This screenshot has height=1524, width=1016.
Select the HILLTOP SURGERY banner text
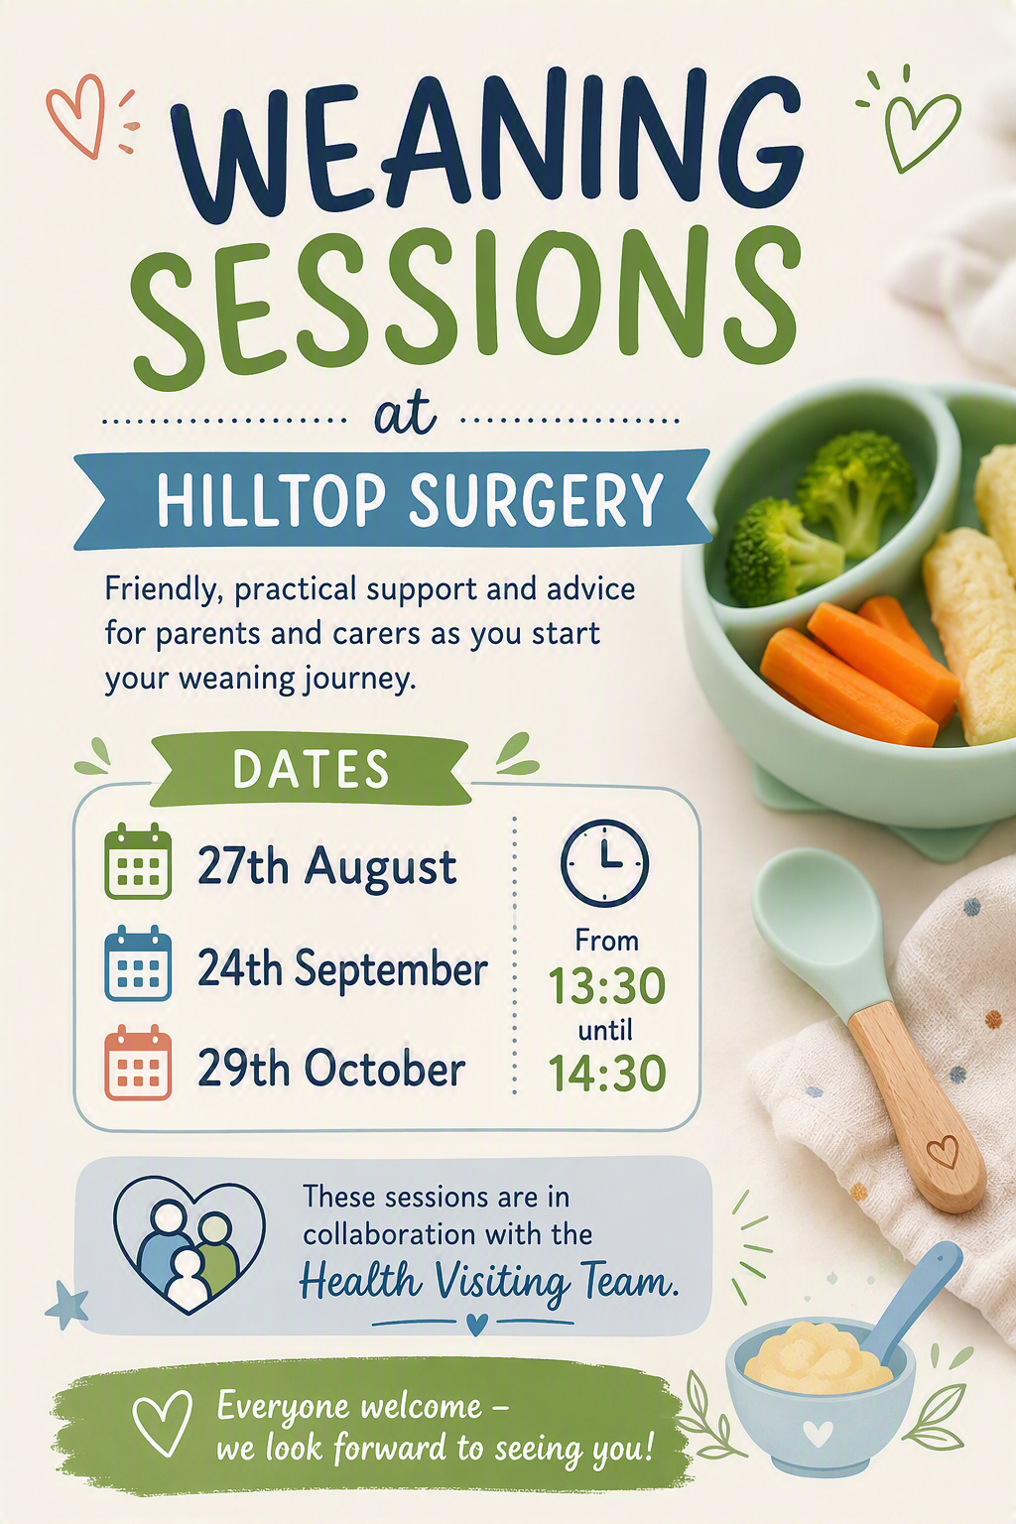[x=410, y=499]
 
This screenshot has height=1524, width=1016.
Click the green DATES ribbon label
[x=311, y=769]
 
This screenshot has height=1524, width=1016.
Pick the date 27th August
[x=326, y=867]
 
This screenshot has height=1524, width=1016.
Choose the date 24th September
[x=342, y=968]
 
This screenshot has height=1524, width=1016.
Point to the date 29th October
[x=331, y=1069]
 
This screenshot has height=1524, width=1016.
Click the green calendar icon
[x=138, y=860]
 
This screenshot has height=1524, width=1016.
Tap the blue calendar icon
[x=138, y=962]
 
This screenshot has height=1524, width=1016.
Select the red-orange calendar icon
[x=138, y=1062]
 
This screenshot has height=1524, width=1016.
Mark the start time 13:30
[x=607, y=985]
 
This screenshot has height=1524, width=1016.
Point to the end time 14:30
[x=607, y=1073]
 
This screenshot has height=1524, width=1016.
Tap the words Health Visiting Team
[x=488, y=1281]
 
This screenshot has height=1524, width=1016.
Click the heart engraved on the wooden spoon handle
[x=944, y=1152]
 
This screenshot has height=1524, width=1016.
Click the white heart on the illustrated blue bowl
[x=818, y=1434]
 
